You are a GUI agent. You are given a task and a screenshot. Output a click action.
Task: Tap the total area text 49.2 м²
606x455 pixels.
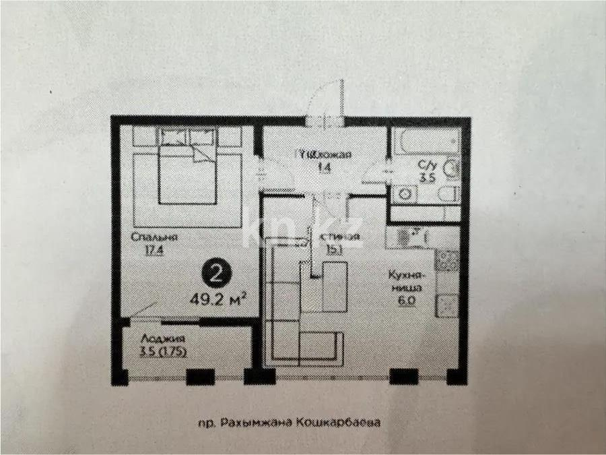217,297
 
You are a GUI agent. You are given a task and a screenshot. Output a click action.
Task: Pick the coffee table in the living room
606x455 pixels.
334,286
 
